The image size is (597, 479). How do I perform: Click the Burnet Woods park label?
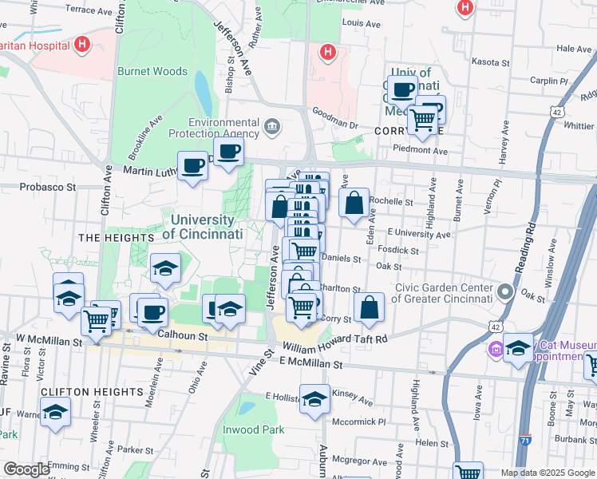click(x=152, y=71)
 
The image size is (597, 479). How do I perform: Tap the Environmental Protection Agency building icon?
click(x=272, y=126)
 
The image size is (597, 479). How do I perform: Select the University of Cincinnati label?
click(x=202, y=227)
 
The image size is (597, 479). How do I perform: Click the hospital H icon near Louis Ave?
click(x=326, y=53)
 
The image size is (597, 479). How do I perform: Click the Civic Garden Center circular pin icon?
click(x=504, y=291)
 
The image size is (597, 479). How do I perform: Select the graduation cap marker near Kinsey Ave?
click(x=315, y=398)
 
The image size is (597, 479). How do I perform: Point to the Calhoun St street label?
click(x=183, y=336)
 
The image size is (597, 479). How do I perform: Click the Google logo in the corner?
click(x=26, y=469)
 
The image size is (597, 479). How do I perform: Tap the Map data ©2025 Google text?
click(x=547, y=473)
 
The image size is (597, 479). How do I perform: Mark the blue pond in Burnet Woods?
click(x=204, y=93)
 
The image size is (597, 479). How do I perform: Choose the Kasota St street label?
click(x=490, y=61)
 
